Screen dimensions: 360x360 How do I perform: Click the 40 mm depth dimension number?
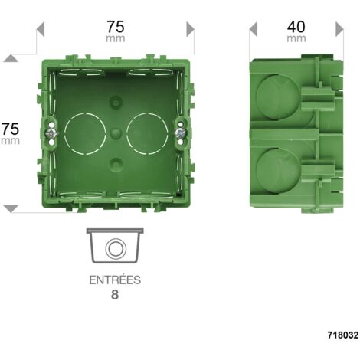(296, 27)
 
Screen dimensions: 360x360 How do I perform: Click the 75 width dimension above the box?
(116, 27)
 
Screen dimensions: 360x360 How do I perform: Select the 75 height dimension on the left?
(10, 129)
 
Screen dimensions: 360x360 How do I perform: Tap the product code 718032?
(343, 335)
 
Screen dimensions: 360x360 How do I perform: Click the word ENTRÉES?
(115, 280)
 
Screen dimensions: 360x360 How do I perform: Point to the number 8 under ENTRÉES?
(115, 295)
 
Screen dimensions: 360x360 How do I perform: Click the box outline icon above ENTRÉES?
(115, 246)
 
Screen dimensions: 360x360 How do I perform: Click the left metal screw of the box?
(51, 133)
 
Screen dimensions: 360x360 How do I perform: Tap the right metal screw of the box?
(181, 133)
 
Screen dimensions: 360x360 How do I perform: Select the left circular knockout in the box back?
(85, 134)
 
